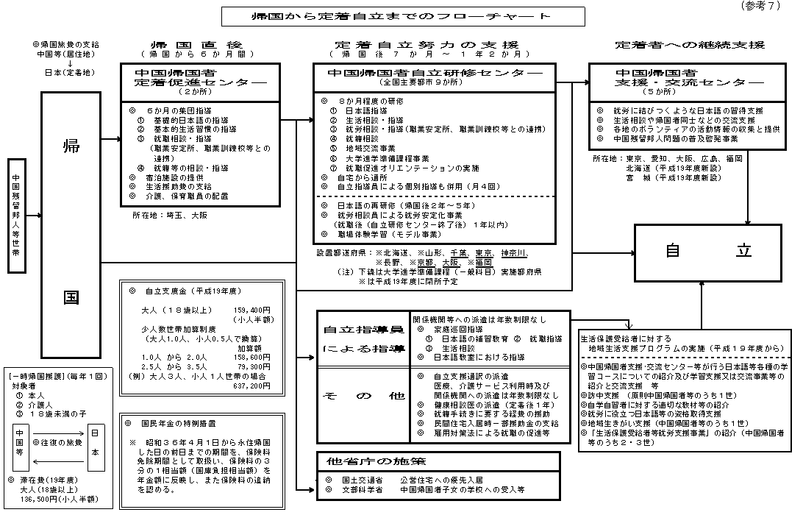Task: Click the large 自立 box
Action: pos(704,250)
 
